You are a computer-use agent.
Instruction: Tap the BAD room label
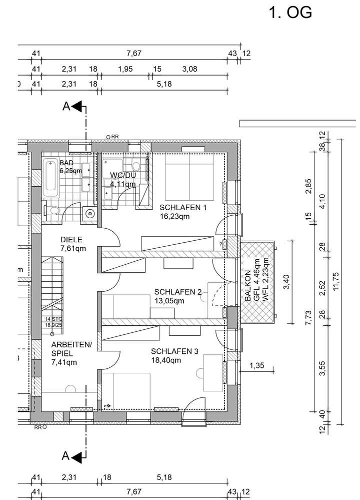coord(66,163)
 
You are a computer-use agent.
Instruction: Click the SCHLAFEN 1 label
coord(182,208)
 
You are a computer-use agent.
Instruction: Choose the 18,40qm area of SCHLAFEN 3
coord(165,359)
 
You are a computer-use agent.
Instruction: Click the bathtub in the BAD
coord(51,178)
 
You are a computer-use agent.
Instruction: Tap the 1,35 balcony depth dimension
coord(256,366)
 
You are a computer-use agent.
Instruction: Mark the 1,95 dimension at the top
coord(125,69)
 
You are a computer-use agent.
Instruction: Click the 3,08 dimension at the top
coord(190,69)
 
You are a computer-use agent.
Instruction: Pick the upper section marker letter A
coord(65,106)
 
